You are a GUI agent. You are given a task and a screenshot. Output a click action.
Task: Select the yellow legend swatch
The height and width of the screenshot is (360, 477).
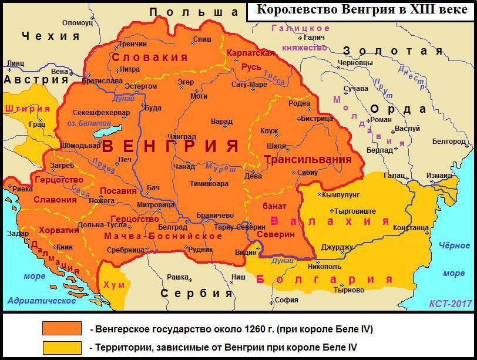point(62,347)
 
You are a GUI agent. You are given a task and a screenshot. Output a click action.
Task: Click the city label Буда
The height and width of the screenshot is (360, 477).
point(153,108)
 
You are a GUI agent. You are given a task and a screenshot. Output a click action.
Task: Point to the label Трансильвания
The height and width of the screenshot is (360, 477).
point(308,159)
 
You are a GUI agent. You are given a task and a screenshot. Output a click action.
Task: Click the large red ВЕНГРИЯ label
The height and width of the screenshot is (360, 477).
point(170,146)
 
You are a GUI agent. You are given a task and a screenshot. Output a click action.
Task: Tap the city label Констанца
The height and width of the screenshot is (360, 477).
point(411,227)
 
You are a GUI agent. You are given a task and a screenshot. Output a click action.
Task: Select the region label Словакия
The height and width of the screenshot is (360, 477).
point(150,58)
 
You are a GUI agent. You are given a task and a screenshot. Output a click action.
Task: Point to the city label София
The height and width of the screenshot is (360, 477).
point(287,300)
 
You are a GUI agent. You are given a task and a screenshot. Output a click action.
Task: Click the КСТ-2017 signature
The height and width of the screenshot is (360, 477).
point(451,304)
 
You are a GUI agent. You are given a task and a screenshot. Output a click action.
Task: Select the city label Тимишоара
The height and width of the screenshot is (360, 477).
point(209,183)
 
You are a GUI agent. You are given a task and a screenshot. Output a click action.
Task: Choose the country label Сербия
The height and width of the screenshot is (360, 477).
point(197,293)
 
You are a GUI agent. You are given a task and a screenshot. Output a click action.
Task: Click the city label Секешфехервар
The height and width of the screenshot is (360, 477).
point(101,112)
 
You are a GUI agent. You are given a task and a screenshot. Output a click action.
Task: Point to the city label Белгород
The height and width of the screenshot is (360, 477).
point(449,141)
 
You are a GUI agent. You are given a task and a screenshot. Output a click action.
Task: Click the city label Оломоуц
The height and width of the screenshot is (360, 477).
point(78,23)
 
